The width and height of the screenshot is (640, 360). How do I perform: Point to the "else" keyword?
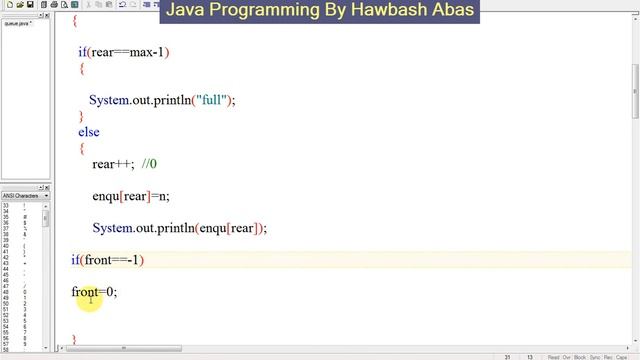point(89,131)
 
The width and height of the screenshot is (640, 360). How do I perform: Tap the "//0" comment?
point(149,164)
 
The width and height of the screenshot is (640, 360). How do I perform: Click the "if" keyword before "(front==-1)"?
point(75,260)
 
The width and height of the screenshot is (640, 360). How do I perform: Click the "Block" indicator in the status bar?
point(581,356)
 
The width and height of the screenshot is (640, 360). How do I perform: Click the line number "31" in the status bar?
point(508,356)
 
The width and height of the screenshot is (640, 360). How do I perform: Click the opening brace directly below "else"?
point(82,148)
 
